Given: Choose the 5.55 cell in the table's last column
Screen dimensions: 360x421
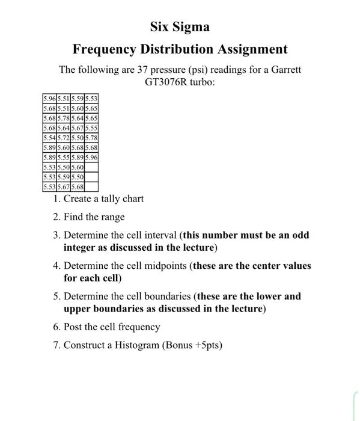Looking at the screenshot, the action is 91,128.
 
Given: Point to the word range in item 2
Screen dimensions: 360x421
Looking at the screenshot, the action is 112,217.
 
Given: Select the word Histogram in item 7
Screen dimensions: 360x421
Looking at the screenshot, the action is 139,345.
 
